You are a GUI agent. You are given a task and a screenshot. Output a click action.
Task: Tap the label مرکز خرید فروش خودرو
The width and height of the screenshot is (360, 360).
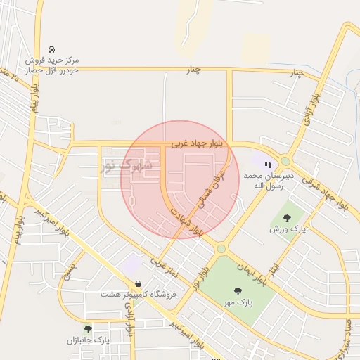pos(53,65)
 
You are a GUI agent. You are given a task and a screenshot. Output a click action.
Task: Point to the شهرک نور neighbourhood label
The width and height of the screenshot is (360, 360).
pos(127,166)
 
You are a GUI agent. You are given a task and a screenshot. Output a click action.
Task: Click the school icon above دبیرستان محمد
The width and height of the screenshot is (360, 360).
pos(267,165)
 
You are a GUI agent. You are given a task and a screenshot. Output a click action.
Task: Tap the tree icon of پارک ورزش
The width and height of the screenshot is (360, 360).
pos(287,217)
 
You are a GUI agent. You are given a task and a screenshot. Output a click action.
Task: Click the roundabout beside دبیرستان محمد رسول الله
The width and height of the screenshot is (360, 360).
pos(285,161)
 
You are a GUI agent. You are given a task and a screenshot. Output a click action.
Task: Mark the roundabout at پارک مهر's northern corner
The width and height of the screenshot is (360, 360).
pos(221,248)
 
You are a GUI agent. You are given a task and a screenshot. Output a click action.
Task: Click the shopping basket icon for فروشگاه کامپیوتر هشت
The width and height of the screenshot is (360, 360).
pos(137,283)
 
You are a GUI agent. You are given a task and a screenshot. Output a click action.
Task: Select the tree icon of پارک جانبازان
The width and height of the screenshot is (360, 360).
pos(88,329)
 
